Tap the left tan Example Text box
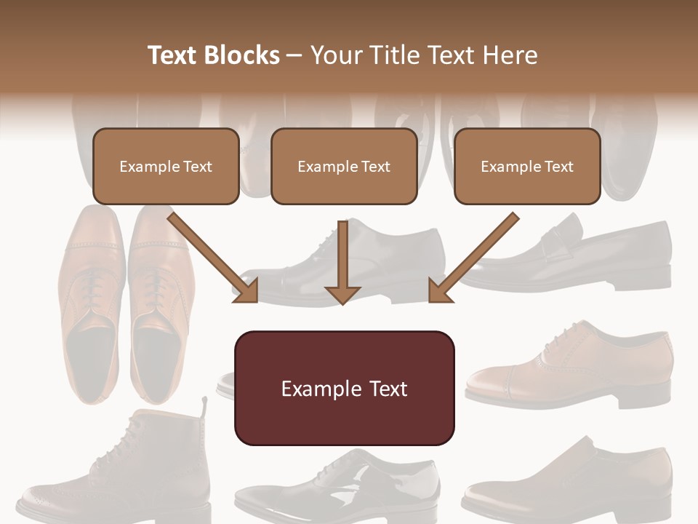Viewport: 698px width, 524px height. (166, 166)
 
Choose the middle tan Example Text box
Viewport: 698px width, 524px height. (344, 166)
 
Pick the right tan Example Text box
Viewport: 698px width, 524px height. (527, 166)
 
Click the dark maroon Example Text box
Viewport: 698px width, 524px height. (344, 388)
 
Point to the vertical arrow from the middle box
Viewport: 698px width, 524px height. (342, 255)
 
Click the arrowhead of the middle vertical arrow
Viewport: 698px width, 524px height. (342, 293)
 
